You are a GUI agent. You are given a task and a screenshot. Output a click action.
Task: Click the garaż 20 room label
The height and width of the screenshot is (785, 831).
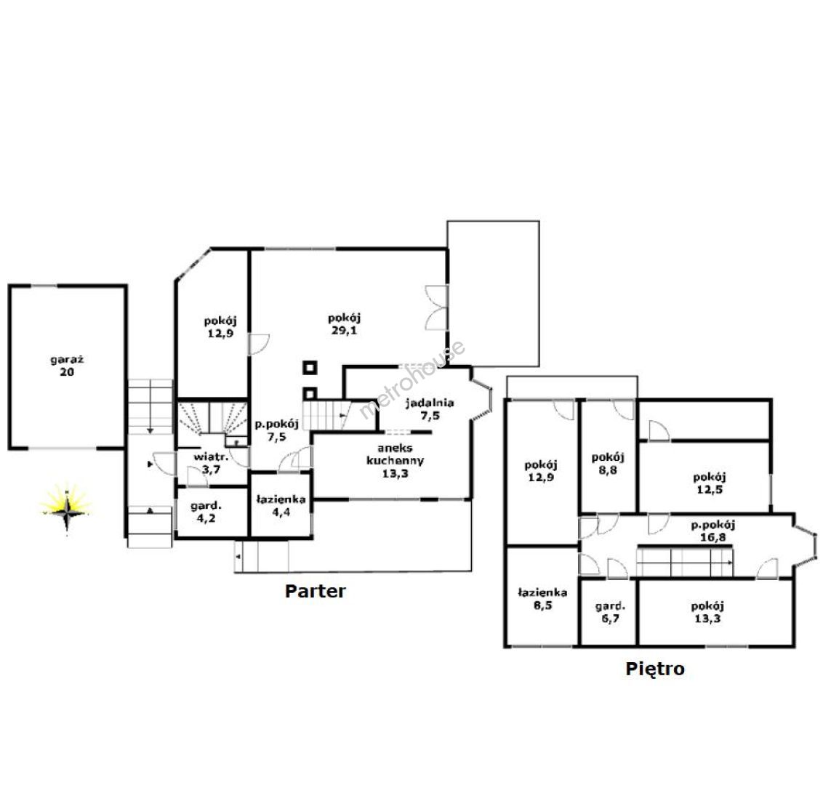point(67,366)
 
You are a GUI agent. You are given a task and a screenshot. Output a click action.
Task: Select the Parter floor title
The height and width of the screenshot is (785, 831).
point(316,591)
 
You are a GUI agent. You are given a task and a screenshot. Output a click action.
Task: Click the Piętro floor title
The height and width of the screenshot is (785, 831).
point(655,669)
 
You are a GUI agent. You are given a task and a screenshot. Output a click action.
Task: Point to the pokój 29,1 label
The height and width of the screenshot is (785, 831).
point(345,324)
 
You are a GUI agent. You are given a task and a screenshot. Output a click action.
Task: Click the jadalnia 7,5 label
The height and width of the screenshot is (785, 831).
point(430,409)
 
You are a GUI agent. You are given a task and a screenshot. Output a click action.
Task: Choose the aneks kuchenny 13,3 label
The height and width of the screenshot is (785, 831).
point(396,461)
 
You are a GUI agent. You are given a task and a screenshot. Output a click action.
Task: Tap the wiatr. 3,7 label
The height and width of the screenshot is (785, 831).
point(211,463)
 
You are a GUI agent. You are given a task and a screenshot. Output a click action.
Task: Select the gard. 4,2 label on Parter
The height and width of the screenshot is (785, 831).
point(206,512)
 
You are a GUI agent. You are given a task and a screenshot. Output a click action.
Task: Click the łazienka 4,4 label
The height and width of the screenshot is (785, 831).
point(281,505)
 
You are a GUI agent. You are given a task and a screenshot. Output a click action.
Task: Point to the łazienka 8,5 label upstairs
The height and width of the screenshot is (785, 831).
point(542,598)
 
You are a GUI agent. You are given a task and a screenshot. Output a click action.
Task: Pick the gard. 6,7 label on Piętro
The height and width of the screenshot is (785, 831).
point(610,612)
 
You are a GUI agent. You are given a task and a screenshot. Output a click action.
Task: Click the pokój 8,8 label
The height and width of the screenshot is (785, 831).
point(608,464)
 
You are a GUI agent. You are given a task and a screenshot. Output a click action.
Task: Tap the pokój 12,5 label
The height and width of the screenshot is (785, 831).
point(710,483)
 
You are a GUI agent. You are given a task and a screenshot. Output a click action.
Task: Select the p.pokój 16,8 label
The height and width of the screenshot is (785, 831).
point(713,531)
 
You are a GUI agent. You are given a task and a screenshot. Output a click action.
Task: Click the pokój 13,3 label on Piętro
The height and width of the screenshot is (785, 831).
point(707,612)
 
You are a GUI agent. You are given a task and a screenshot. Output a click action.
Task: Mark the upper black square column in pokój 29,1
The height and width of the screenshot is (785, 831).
point(310,368)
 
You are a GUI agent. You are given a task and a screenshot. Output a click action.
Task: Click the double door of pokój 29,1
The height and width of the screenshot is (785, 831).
point(437,308)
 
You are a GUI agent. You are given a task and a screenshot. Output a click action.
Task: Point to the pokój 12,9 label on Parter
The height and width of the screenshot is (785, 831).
point(220,327)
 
